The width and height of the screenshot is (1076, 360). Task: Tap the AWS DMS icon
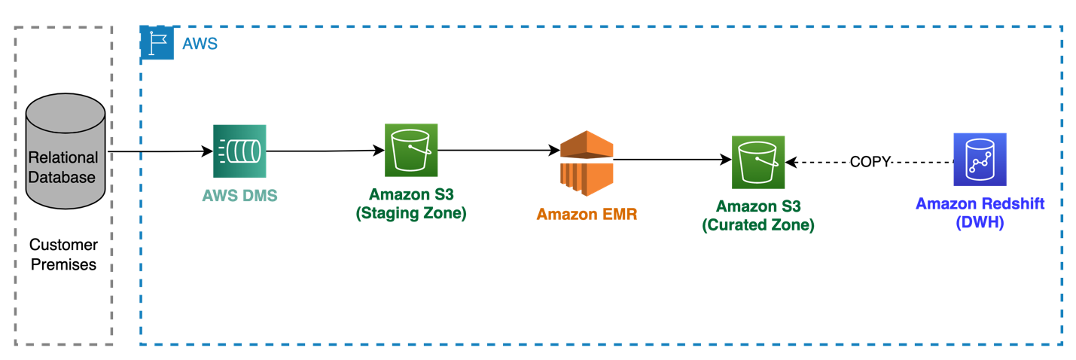click(239, 151)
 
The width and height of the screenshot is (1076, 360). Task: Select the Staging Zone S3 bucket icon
click(411, 151)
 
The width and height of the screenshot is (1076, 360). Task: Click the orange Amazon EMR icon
click(587, 163)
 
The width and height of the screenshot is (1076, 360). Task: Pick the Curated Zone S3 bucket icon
click(758, 162)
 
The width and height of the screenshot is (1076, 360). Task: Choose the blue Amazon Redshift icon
click(980, 160)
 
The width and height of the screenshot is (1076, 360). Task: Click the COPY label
click(870, 162)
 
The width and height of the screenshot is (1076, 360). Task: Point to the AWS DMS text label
click(239, 196)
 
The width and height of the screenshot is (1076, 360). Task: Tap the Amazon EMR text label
click(587, 214)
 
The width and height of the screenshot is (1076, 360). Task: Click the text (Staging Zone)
click(411, 213)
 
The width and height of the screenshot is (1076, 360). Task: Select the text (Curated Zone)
click(758, 224)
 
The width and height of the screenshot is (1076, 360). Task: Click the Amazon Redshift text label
click(980, 203)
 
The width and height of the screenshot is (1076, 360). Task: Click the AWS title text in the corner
click(200, 44)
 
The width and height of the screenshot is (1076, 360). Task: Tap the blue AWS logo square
click(157, 43)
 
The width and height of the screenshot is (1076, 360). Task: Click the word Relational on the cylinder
click(63, 157)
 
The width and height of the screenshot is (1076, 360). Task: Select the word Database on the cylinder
click(63, 178)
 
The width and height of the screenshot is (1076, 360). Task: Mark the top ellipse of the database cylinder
click(66, 109)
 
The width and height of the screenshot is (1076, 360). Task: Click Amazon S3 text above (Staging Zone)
click(411, 195)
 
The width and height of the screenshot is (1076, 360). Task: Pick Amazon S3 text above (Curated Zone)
click(758, 206)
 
